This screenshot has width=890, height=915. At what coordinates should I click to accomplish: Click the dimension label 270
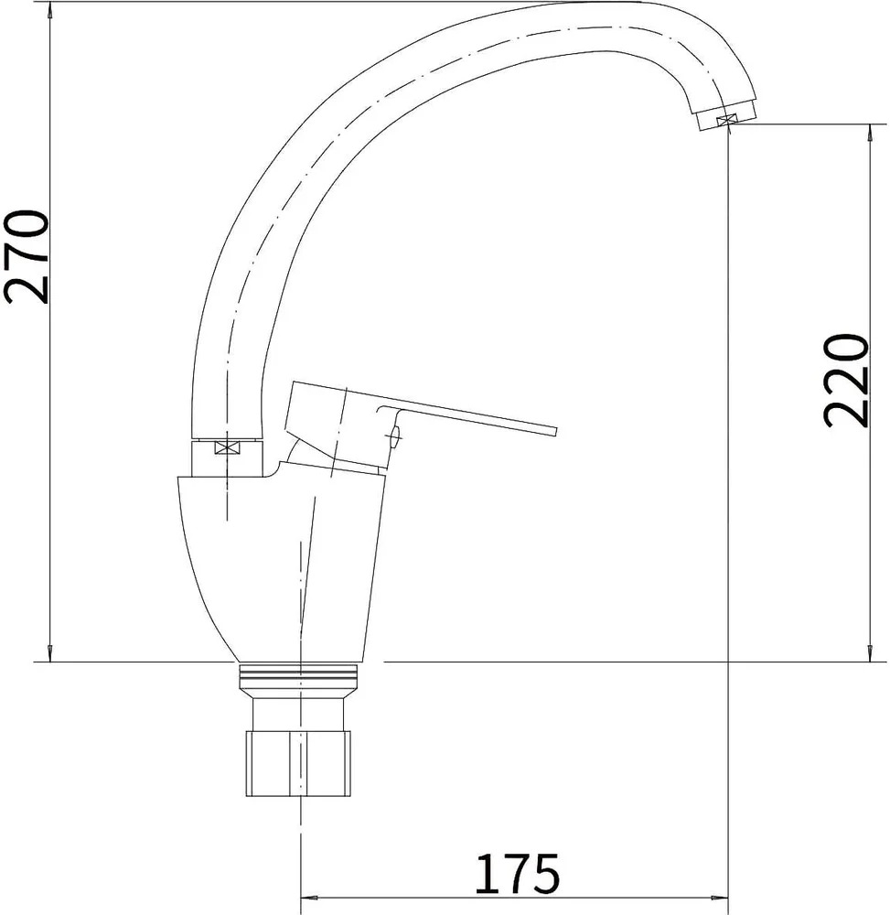(x=26, y=256)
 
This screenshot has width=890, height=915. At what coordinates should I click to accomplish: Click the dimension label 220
(x=846, y=381)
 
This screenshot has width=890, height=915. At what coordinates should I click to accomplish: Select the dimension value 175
(x=518, y=874)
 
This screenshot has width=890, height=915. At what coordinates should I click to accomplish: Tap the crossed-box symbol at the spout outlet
(x=725, y=120)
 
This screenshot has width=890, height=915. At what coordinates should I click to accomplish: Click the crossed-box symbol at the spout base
(x=226, y=447)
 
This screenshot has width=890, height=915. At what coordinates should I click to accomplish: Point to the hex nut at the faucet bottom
(x=298, y=763)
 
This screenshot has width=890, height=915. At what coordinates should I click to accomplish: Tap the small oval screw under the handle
(x=395, y=436)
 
